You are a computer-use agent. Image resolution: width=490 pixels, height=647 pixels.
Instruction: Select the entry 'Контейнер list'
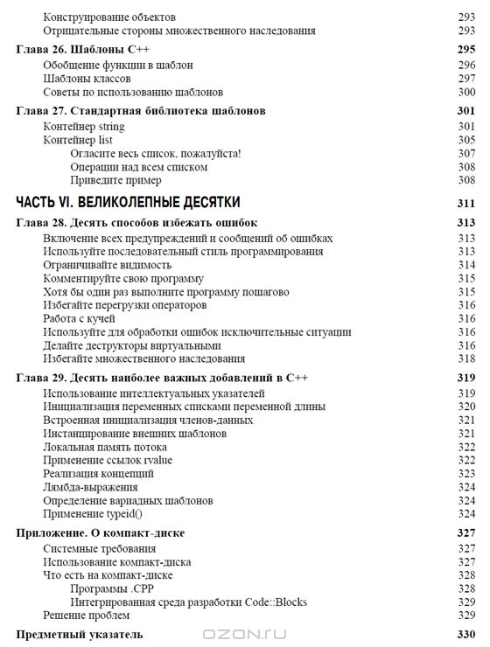pos(78,140)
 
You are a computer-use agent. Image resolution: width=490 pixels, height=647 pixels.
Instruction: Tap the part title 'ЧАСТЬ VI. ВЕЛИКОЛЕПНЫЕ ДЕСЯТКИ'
pos(128,203)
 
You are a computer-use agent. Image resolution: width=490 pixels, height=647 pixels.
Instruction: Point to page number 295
pos(465,50)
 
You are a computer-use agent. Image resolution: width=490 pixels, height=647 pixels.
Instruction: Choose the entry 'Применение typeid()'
pos(93,514)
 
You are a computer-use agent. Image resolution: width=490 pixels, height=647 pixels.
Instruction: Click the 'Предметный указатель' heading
pos(80,634)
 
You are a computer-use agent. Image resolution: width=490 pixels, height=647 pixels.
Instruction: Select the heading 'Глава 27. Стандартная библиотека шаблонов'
pos(141,111)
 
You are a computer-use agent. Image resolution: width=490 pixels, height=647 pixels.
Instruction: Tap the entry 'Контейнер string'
pos(85,126)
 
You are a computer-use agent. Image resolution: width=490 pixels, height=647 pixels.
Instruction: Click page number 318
pos(465,358)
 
